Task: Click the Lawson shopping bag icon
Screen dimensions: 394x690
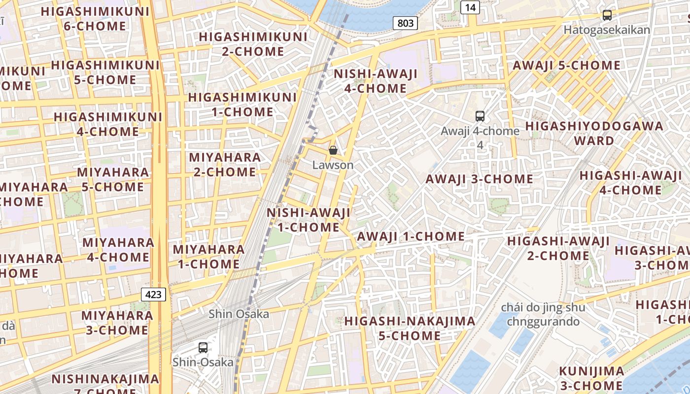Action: (333, 150)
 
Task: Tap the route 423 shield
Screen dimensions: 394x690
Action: (154, 295)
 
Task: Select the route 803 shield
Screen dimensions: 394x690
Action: (406, 23)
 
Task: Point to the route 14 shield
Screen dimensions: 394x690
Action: (470, 7)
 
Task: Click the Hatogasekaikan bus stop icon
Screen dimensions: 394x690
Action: (607, 15)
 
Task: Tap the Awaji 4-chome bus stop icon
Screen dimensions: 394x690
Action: (480, 116)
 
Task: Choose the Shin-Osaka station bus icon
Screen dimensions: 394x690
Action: (203, 347)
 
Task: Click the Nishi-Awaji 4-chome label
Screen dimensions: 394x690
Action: (376, 81)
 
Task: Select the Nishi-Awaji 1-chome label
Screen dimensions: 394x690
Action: (309, 220)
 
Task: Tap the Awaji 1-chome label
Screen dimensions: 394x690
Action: (411, 236)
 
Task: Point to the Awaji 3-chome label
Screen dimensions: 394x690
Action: (479, 179)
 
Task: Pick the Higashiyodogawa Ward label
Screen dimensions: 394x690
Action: (594, 133)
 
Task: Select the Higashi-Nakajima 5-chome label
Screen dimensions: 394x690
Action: (410, 328)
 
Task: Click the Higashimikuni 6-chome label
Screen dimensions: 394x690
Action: (95, 19)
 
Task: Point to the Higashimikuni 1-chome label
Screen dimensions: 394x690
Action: (242, 104)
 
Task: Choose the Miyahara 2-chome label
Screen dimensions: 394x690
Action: (225, 164)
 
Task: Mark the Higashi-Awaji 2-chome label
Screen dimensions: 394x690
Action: (558, 248)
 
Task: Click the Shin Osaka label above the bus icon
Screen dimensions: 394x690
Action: (239, 314)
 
